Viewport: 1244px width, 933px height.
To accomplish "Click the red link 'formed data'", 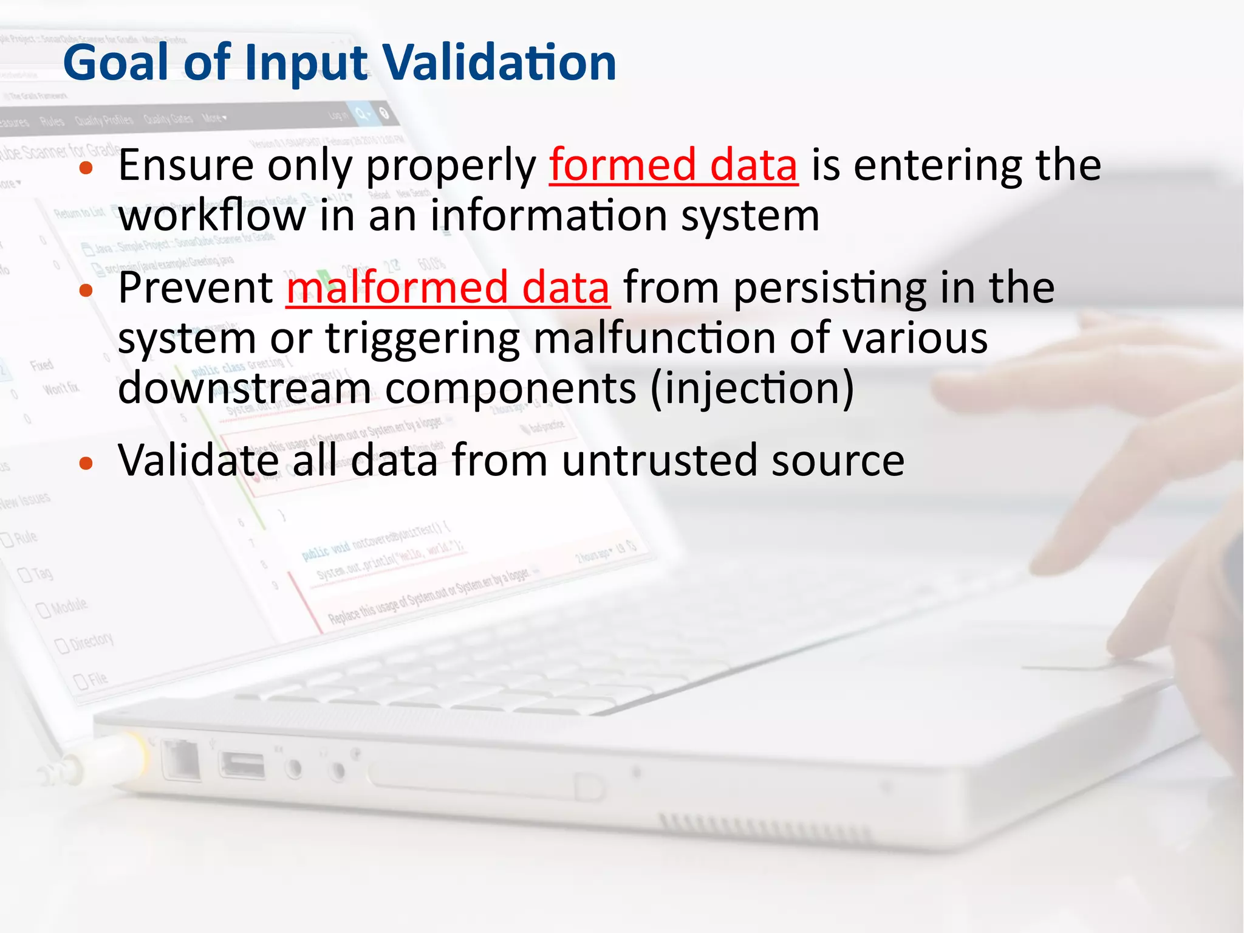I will (x=673, y=165).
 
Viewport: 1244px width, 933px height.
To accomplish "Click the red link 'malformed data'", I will (x=448, y=288).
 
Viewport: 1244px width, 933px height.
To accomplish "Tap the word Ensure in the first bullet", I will (x=186, y=165).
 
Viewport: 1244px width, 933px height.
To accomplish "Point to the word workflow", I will (x=212, y=216).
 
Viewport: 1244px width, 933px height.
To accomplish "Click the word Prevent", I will (x=196, y=288).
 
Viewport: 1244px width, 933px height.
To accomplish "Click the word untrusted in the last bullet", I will (x=660, y=461).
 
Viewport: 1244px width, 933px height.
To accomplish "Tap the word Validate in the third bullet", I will (x=198, y=461).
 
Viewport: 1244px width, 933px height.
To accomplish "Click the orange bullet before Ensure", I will (x=86, y=168).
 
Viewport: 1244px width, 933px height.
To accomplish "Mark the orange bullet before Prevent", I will (x=86, y=291).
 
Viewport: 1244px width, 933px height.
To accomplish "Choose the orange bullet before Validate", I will (x=86, y=464).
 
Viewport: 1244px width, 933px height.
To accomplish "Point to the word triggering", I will (x=423, y=339).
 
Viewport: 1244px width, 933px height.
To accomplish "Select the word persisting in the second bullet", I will (x=830, y=289).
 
